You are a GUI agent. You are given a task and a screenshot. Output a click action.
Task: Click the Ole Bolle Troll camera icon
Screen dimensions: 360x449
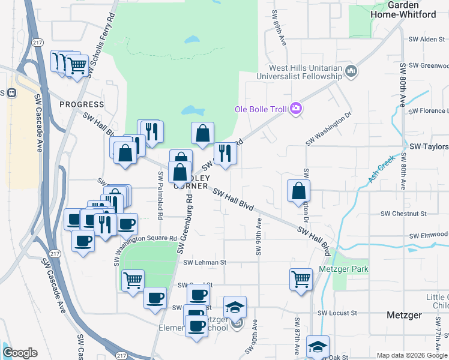(x=296, y=109)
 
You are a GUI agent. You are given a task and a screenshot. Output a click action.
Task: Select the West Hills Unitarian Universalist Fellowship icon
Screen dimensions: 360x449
(x=352, y=73)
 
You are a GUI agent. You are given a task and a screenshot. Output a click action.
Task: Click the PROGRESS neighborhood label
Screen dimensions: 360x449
(x=82, y=104)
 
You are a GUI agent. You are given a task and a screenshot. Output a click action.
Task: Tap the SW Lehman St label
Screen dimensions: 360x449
(x=205, y=262)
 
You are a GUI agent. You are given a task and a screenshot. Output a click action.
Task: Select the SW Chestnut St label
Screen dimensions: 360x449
(x=403, y=214)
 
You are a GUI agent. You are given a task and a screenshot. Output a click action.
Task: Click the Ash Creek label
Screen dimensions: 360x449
(x=381, y=170)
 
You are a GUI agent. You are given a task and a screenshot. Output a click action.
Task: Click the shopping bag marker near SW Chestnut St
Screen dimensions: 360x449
(x=299, y=191)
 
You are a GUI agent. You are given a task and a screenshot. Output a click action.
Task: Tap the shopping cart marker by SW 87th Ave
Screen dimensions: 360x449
(x=301, y=278)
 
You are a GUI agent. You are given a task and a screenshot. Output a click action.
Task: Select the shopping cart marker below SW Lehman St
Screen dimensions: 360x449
(x=133, y=280)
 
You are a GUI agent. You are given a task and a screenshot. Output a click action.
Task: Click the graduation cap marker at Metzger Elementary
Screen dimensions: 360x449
(x=235, y=308)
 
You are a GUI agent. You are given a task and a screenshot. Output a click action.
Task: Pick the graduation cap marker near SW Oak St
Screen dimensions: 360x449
(x=318, y=347)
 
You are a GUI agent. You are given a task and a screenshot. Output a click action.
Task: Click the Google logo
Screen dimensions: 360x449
(x=20, y=353)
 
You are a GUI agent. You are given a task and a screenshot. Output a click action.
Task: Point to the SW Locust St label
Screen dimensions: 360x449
(x=337, y=313)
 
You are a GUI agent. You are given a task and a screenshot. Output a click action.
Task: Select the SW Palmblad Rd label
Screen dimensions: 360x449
(x=160, y=196)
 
